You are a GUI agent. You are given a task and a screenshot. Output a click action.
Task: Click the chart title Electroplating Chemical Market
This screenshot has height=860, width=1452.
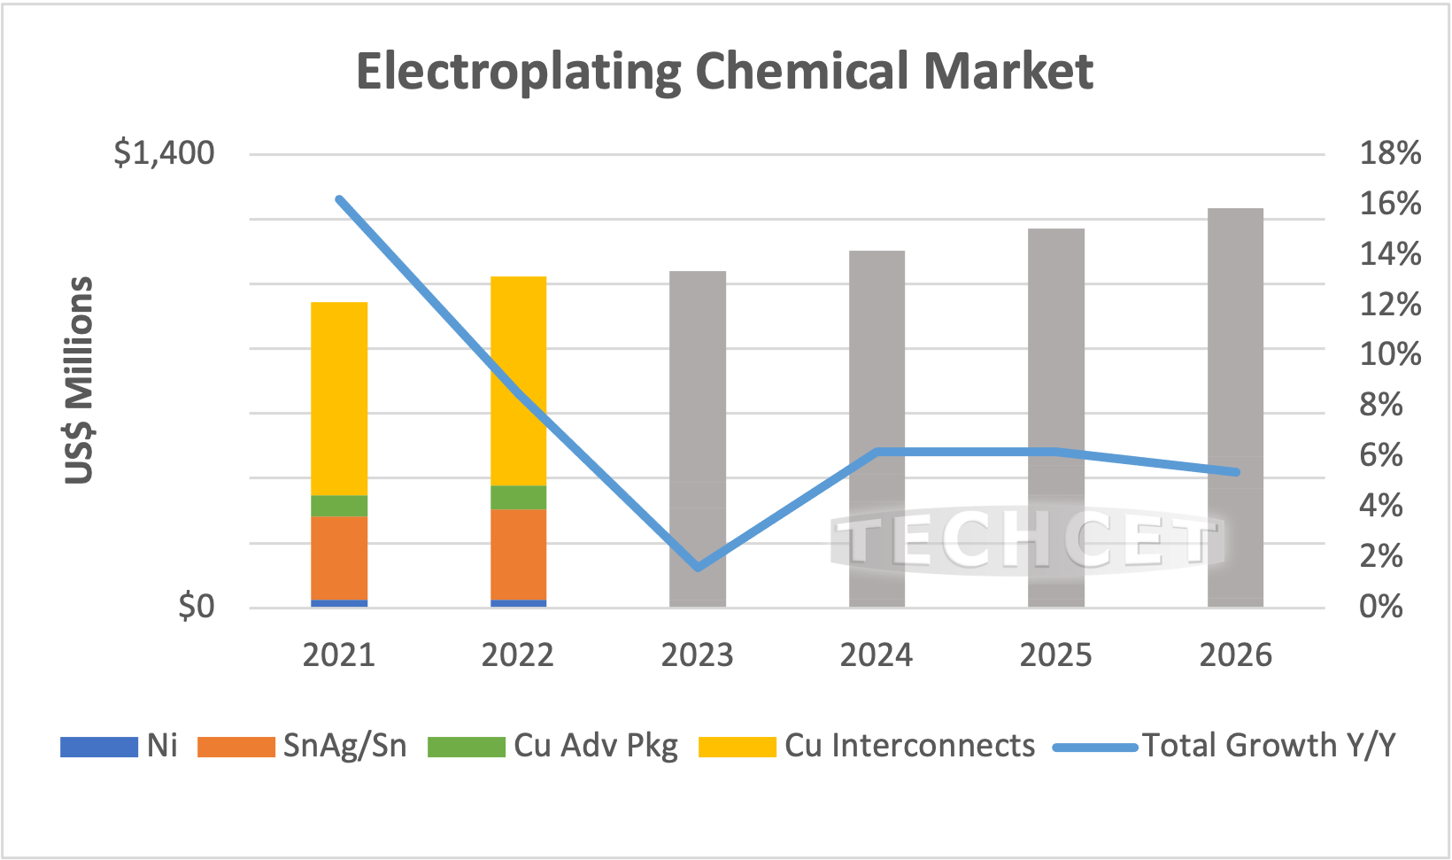724,71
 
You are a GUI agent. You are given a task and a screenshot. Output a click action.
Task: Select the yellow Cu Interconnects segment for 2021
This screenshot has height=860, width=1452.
339,399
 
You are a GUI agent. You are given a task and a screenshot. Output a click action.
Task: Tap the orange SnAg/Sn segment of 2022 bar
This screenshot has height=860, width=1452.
518,554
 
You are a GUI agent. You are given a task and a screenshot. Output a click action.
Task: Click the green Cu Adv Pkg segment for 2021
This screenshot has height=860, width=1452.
339,506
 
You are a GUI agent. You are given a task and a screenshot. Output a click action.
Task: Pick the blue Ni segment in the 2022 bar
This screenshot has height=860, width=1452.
518,603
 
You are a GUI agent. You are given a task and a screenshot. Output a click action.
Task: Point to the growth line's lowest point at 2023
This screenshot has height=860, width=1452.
698,567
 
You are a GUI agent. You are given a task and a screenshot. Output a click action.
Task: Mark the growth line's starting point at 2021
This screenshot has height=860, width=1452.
339,199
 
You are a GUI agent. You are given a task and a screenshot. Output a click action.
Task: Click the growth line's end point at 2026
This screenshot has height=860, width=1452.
1236,472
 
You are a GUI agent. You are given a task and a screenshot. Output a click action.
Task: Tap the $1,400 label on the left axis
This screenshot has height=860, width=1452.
164,153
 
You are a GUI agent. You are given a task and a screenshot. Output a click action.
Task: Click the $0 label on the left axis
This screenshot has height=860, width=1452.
196,607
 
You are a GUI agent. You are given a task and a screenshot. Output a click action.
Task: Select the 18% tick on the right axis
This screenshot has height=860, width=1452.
1390,153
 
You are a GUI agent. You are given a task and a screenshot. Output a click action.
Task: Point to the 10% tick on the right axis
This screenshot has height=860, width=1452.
1390,354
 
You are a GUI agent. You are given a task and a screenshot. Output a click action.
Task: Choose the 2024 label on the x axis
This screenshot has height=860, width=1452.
877,655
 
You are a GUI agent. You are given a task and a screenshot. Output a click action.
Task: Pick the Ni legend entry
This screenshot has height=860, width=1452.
120,746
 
